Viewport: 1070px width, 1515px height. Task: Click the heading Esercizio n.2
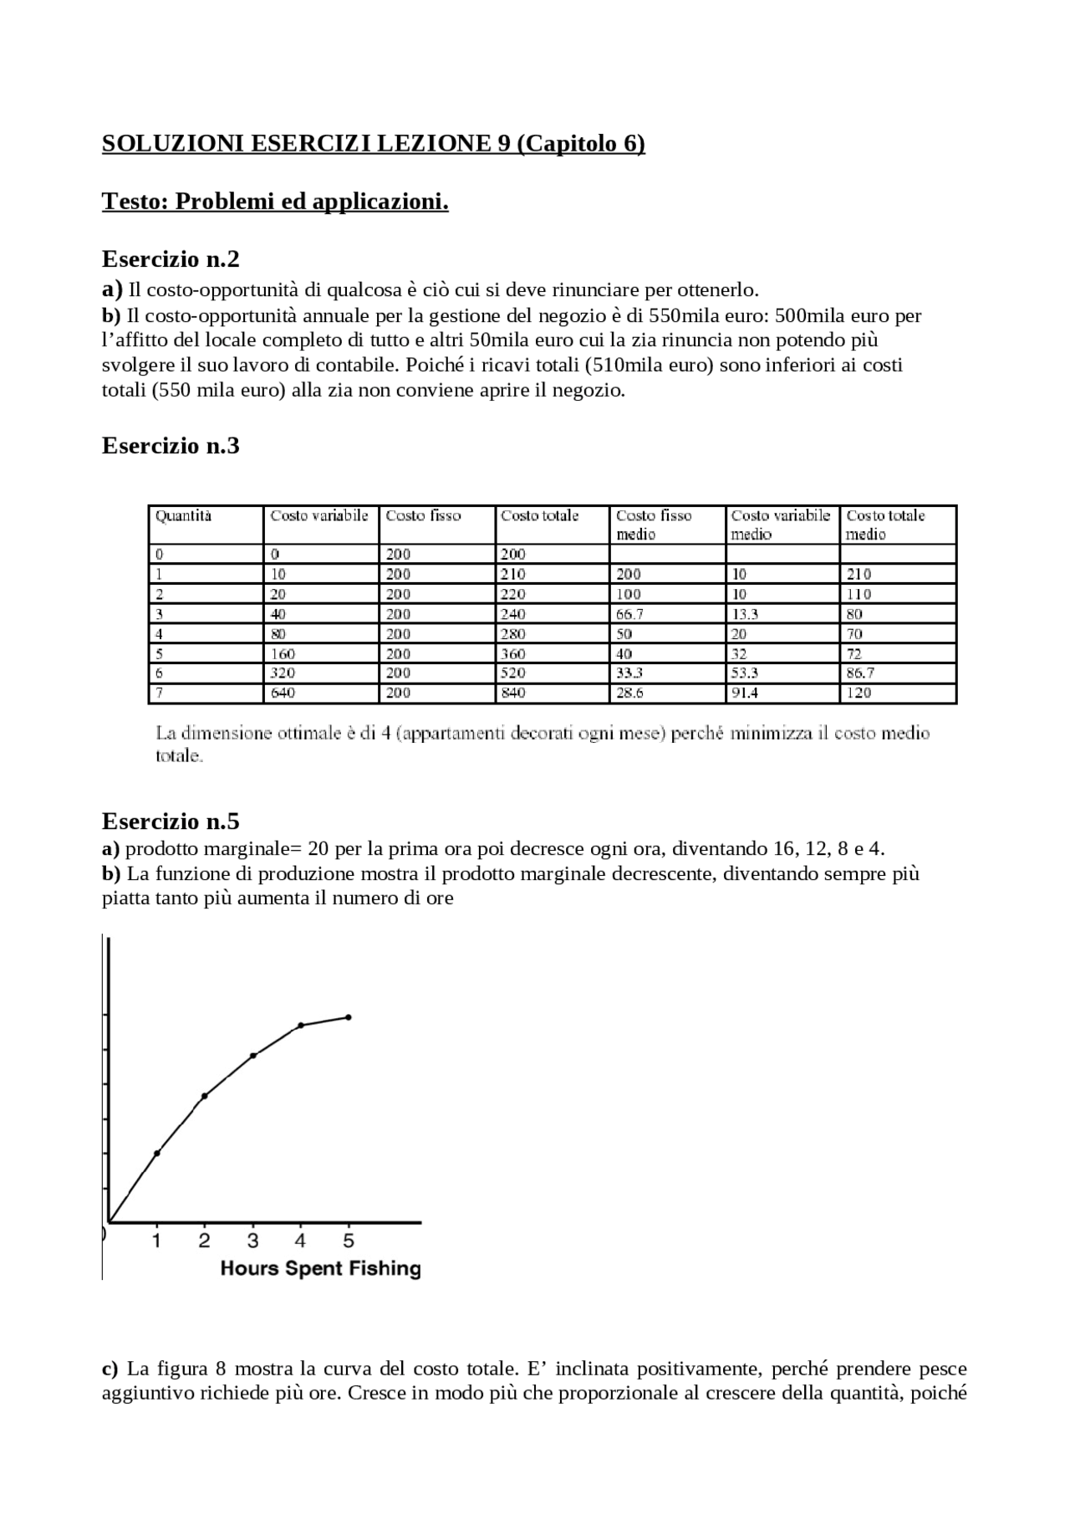(171, 259)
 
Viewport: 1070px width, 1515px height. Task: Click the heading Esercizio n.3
(171, 446)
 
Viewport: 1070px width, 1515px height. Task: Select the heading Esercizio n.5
(171, 820)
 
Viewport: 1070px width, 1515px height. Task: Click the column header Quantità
(184, 516)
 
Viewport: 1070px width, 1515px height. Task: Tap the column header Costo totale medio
(885, 525)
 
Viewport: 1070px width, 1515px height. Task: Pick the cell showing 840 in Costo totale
(513, 693)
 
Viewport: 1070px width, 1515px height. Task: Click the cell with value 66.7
(629, 614)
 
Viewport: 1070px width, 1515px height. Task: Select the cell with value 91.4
(745, 693)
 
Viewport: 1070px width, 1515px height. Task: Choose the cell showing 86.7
(860, 673)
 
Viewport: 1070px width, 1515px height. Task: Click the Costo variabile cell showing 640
(283, 693)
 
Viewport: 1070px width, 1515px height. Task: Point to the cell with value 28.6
(629, 693)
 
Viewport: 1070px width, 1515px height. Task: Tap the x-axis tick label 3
(252, 1241)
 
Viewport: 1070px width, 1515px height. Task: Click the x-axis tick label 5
(349, 1241)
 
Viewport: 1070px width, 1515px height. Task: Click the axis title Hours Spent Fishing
(320, 1268)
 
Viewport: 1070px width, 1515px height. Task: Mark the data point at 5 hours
(349, 1017)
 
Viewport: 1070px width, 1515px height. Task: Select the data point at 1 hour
(157, 1153)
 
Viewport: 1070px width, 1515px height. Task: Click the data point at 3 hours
(253, 1056)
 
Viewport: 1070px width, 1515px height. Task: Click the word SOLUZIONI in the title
(173, 144)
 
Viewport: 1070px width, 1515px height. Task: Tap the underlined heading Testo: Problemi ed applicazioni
(275, 202)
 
